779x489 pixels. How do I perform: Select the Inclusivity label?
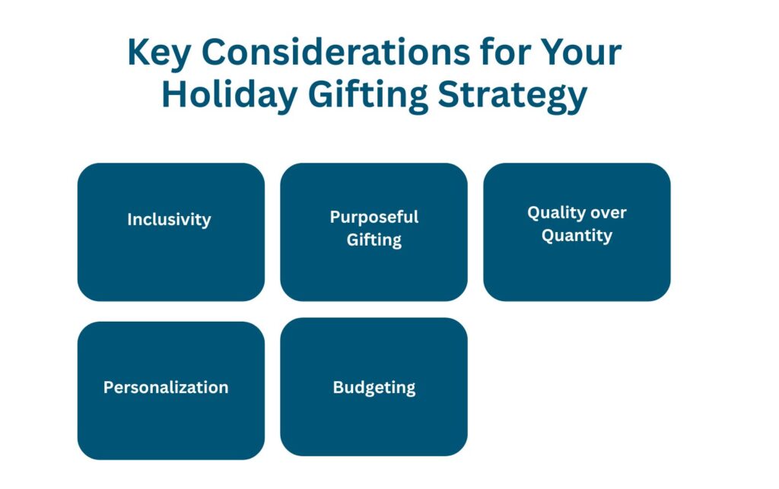[x=169, y=220]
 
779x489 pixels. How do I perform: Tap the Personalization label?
[x=166, y=387]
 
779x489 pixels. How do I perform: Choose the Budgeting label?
[x=374, y=387]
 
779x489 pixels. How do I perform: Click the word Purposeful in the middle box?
[x=374, y=217]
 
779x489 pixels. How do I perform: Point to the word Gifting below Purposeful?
[x=374, y=240]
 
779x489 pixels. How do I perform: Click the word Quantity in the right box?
[x=577, y=236]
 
